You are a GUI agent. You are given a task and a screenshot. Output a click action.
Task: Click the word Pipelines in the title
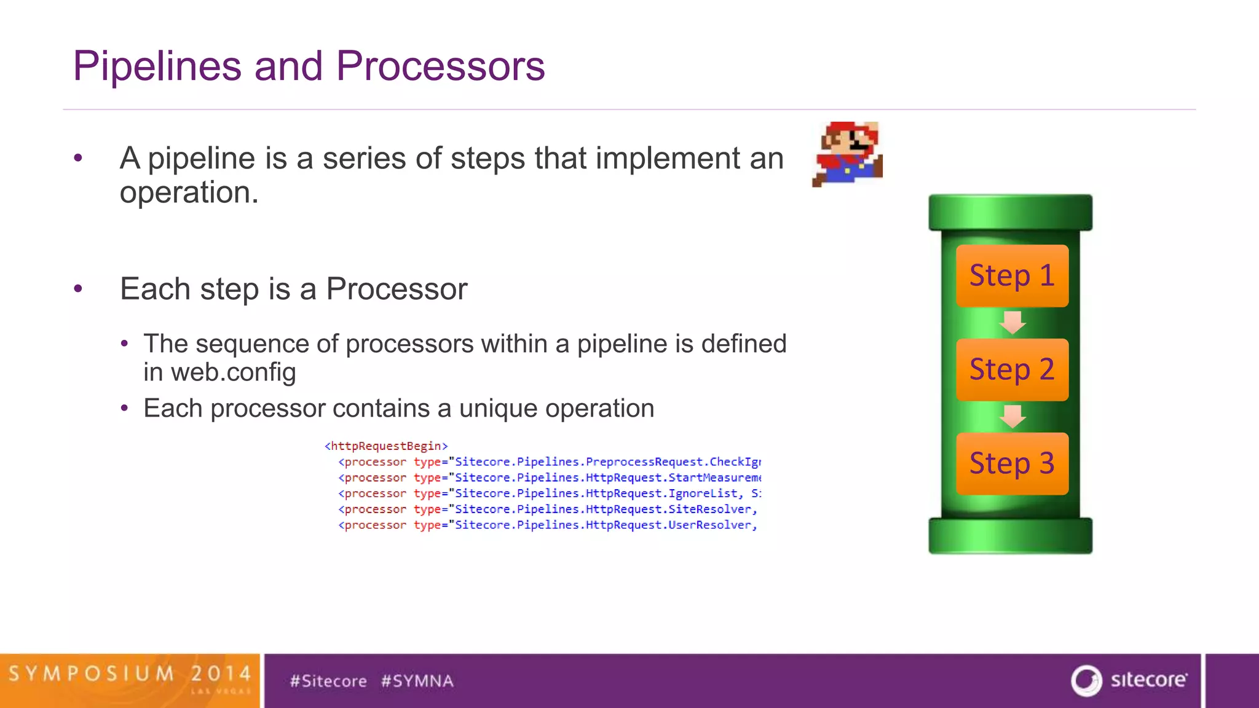click(157, 66)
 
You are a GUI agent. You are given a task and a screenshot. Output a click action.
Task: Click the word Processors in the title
click(440, 66)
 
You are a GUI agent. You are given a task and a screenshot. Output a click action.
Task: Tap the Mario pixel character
click(848, 154)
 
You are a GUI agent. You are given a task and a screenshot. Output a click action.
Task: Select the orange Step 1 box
click(1012, 276)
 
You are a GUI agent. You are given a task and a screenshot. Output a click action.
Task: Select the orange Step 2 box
click(1012, 370)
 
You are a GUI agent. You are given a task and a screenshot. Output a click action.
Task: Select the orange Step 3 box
click(1012, 464)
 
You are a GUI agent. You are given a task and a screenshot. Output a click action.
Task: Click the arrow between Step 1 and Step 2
click(1012, 323)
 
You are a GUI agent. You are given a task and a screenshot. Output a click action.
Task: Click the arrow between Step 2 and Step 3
click(1012, 417)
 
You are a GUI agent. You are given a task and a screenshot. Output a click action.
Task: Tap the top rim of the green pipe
click(1010, 213)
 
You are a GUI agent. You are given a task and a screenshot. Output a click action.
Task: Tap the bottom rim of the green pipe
click(1010, 536)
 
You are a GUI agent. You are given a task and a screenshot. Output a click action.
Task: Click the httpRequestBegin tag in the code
click(386, 446)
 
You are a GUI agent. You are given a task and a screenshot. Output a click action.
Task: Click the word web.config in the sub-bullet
click(233, 372)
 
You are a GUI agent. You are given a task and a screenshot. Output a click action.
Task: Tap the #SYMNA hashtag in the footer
click(417, 681)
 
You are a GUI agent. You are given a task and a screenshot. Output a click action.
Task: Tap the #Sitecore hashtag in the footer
click(328, 681)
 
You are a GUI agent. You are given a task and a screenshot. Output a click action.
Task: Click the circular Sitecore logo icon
click(1086, 680)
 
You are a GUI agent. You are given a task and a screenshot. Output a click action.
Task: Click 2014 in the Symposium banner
click(221, 674)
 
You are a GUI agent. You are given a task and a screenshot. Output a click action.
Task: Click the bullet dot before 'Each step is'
click(78, 288)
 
